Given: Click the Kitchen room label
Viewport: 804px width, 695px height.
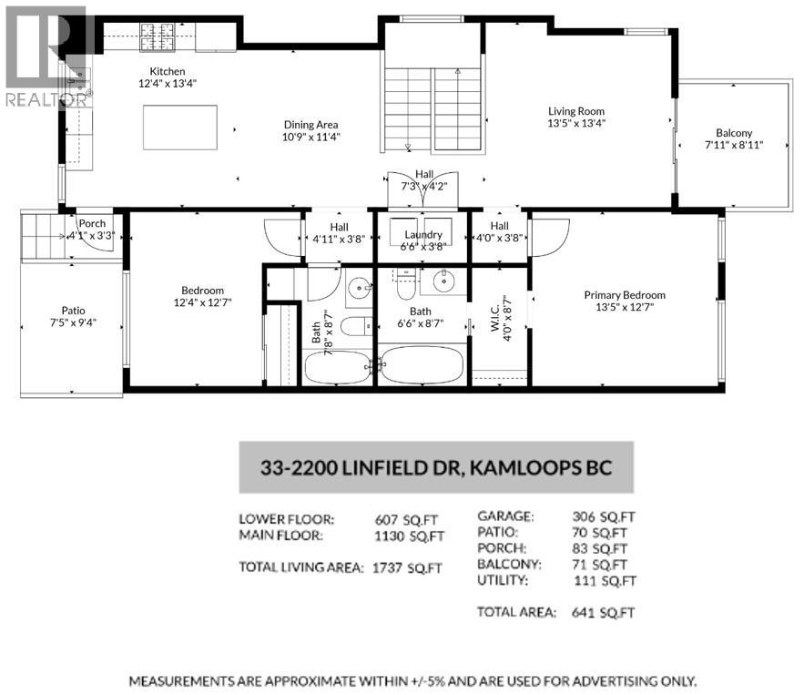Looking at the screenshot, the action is pos(168,71).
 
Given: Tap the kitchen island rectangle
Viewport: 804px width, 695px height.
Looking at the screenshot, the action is pos(180,128).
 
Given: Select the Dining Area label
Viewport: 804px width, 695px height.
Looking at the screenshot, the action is pos(310,125).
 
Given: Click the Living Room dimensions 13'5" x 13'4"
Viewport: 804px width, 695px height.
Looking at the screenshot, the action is pos(576,123).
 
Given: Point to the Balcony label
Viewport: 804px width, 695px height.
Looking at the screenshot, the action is pos(734,133).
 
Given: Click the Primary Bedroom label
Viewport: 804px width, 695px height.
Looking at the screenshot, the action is pos(625,295).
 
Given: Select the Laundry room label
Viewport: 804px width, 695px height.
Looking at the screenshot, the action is pos(423,234).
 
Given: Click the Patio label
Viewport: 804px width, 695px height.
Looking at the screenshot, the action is pos(74,311).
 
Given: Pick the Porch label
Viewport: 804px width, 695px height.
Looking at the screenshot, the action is pos(92,223).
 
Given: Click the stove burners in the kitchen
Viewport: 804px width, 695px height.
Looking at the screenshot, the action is pos(157,37).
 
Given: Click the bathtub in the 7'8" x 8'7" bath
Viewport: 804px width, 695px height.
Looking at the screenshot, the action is pos(338,368).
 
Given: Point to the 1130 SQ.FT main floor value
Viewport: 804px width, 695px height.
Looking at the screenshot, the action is pos(409,536).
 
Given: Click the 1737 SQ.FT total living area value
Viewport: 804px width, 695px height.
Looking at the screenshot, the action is pos(407,567).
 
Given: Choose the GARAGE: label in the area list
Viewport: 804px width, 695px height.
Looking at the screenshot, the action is pos(505,516).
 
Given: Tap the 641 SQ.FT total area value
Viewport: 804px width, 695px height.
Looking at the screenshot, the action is pos(603,612).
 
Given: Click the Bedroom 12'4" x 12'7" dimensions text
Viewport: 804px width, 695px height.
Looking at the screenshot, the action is pos(202,302).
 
